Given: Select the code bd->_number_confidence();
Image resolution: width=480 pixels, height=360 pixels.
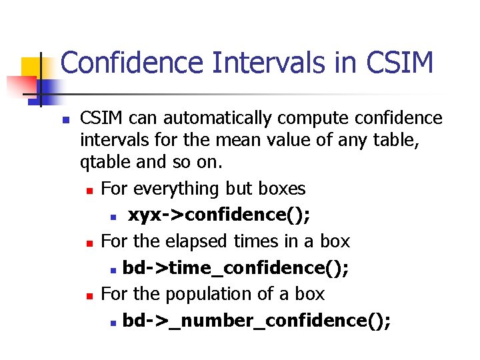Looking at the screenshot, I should point(256,321).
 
